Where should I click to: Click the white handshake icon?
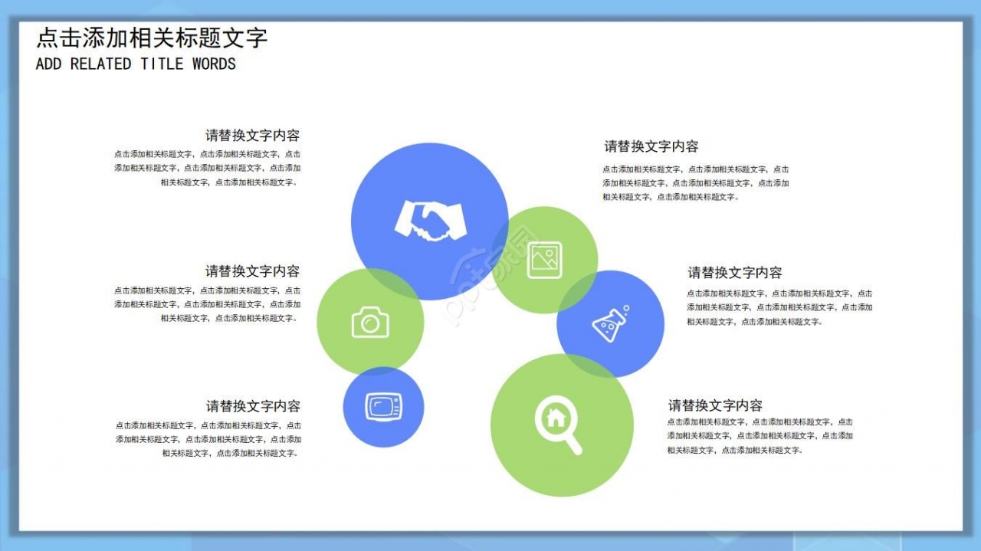(430, 220)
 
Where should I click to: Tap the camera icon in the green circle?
(370, 322)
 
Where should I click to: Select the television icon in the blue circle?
(383, 406)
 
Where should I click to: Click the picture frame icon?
(544, 260)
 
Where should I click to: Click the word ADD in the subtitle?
(48, 64)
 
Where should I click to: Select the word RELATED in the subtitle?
(100, 64)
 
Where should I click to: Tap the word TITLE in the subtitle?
(162, 64)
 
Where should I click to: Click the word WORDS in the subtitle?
(214, 64)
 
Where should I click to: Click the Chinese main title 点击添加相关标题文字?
(152, 38)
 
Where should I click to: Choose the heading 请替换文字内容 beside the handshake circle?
(252, 136)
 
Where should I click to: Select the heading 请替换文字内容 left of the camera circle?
(252, 271)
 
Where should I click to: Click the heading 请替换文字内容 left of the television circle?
(253, 406)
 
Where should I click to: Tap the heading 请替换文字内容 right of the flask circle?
(734, 273)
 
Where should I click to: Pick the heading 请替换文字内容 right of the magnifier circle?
(715, 405)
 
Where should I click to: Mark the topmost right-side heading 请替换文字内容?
(651, 146)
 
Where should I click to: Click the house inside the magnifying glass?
(555, 418)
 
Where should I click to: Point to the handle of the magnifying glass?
(573, 445)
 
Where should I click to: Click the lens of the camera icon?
(371, 324)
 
